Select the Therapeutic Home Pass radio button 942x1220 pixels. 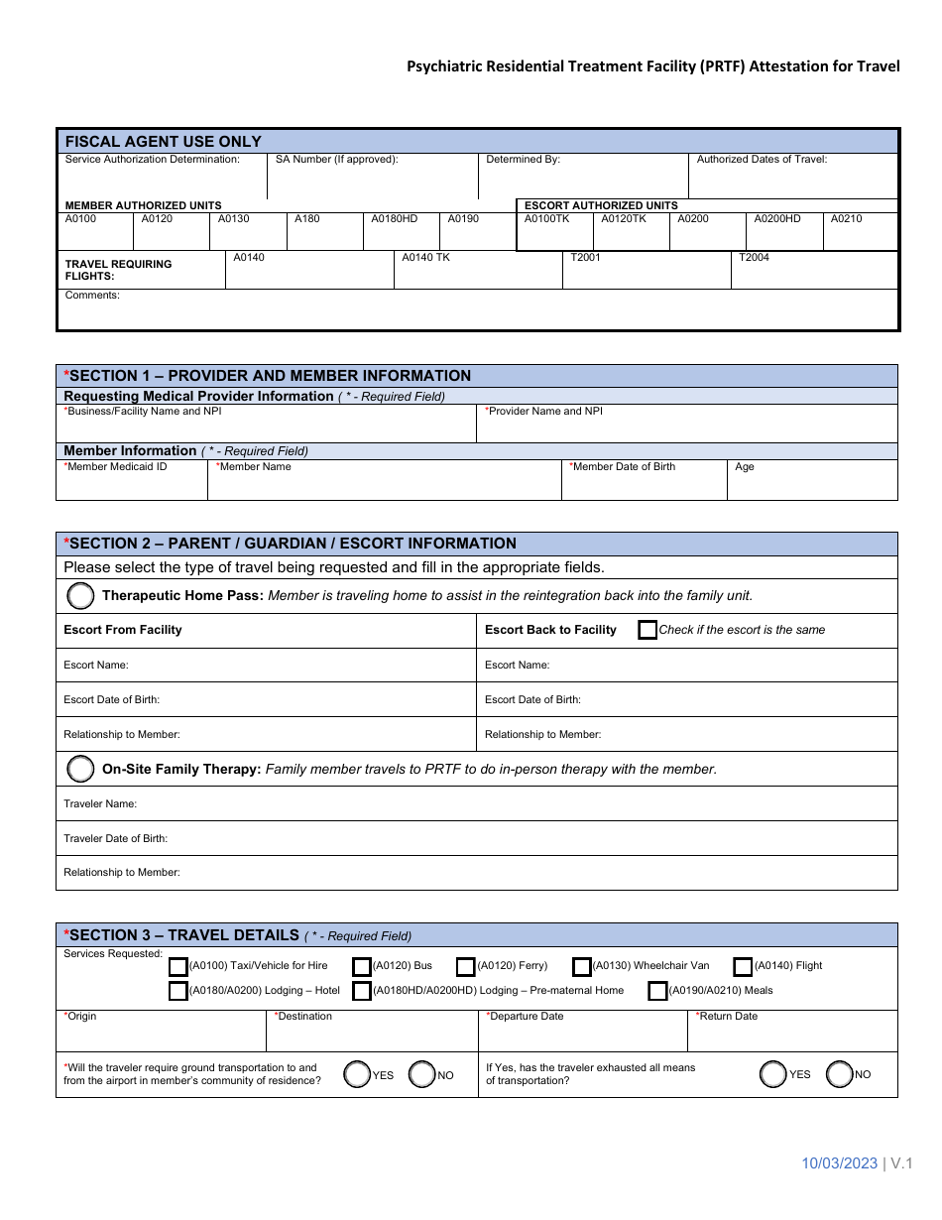click(x=79, y=596)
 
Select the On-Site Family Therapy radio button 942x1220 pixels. click(x=79, y=769)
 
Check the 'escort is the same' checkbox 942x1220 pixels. click(x=648, y=630)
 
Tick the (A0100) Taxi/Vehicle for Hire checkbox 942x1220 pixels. click(x=178, y=966)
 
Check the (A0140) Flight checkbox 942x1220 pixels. click(x=743, y=966)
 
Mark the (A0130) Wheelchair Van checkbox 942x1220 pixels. click(x=582, y=966)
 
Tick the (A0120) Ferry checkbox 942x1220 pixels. click(x=466, y=966)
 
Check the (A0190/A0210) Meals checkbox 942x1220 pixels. click(x=657, y=991)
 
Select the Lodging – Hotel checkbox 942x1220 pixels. click(x=178, y=991)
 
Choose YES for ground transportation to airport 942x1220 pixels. click(x=357, y=1074)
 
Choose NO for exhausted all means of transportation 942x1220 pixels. click(x=840, y=1074)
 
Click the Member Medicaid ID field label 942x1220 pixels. click(x=116, y=466)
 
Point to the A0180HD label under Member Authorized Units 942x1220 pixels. click(x=395, y=218)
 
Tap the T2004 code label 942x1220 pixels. click(x=754, y=257)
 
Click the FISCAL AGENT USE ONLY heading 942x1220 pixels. click(x=164, y=142)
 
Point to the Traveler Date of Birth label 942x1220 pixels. click(x=116, y=838)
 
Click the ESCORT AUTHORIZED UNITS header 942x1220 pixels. click(x=601, y=205)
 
